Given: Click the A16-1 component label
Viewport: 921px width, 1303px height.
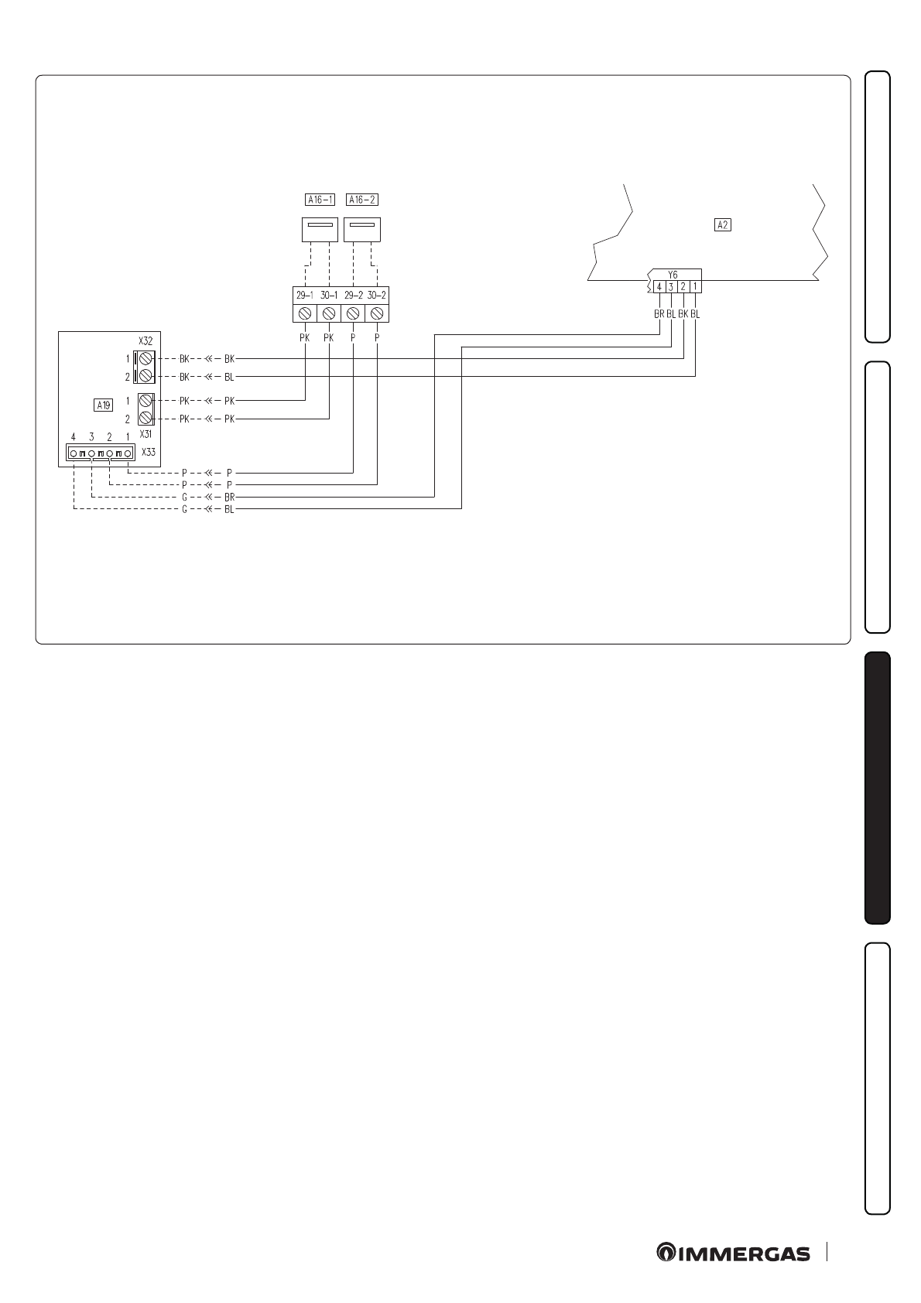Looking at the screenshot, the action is [320, 200].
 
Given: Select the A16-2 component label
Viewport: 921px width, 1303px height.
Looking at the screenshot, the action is [361, 200].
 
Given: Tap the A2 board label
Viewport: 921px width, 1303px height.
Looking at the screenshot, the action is [722, 225].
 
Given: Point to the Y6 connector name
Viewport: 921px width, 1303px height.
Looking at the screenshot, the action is [673, 275].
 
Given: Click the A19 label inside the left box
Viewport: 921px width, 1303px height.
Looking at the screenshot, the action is [103, 404].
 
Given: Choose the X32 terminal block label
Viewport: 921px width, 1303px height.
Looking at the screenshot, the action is [146, 340].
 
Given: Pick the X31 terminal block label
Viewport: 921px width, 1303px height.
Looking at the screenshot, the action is [146, 435].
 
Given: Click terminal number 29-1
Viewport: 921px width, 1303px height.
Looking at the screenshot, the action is [304, 295].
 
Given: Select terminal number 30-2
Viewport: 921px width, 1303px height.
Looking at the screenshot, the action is [376, 295].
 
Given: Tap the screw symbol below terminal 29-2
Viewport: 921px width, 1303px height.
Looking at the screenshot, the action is [353, 313].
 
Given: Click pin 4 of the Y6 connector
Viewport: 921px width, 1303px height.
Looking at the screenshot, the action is [659, 286].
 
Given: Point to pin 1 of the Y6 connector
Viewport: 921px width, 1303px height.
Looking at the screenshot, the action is [695, 286].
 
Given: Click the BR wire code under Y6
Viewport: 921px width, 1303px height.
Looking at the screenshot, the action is [659, 315].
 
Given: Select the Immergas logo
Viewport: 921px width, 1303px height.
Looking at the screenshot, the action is [733, 1253].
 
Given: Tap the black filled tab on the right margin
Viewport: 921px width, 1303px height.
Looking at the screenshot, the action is [878, 788].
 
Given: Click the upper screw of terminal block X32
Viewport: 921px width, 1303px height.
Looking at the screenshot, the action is [145, 359].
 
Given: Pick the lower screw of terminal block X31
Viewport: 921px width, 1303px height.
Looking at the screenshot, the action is [145, 418].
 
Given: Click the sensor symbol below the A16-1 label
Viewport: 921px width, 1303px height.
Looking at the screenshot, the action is [320, 229].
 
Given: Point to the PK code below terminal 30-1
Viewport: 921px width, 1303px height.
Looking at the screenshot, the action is [328, 338].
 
